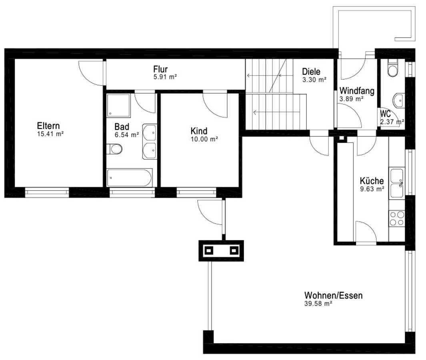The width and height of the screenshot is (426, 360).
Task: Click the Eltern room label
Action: click(48, 126)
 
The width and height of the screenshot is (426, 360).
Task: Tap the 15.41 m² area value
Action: click(50, 134)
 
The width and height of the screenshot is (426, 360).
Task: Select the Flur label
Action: click(160, 69)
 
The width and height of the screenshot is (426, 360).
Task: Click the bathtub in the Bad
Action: click(129, 178)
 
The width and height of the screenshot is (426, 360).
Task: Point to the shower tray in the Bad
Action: click(118, 106)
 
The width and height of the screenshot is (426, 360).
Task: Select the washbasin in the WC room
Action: click(398, 100)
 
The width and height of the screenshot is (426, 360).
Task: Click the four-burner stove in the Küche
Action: click(397, 218)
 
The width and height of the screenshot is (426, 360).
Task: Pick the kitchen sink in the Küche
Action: click(397, 183)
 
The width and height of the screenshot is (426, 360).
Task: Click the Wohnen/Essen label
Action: click(333, 295)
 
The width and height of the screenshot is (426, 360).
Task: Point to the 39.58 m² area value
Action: click(318, 304)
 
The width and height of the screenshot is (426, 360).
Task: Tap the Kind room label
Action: click(199, 131)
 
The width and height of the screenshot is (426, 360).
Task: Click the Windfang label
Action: click(357, 91)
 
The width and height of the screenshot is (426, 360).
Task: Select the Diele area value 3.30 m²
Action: click(314, 80)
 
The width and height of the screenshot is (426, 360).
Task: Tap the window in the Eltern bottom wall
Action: click(47, 192)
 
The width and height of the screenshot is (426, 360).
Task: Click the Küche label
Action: click(372, 181)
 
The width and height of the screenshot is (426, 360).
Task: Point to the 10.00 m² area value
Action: click(204, 139)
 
